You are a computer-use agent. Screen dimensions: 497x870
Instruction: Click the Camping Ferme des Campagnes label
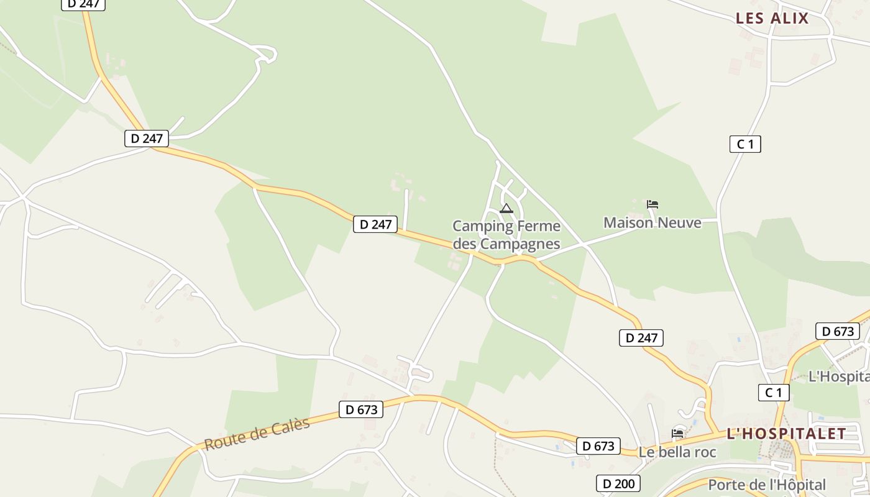[x=506, y=235]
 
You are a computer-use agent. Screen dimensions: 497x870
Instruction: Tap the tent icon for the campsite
[x=506, y=209]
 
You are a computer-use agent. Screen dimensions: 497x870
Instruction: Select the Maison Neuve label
[x=652, y=222]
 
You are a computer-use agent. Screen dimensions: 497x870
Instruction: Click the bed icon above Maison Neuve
[x=652, y=204]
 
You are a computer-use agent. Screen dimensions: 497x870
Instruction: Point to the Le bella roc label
[x=677, y=452]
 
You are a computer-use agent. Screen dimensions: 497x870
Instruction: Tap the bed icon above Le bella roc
[x=677, y=433]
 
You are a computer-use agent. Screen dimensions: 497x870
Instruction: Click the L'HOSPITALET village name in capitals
[x=786, y=434]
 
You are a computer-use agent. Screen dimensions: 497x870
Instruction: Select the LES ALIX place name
[x=772, y=19]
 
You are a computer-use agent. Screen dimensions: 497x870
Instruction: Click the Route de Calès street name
[x=257, y=435]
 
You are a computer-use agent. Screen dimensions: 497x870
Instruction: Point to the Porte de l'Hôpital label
[x=767, y=485]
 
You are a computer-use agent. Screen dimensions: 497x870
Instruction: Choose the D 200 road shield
[x=618, y=483]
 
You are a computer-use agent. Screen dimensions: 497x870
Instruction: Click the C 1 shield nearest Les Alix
[x=745, y=144]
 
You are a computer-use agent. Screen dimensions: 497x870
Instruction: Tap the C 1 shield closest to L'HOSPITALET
[x=774, y=393]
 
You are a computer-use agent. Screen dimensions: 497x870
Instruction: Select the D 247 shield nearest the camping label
[x=375, y=224]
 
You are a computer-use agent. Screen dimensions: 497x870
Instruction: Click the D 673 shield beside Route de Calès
[x=361, y=409]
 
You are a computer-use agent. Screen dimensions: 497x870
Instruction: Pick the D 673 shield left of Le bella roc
[x=598, y=446]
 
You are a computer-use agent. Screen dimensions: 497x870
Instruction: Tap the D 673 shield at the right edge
[x=838, y=331]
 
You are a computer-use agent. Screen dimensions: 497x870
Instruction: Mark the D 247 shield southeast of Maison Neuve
[x=641, y=338]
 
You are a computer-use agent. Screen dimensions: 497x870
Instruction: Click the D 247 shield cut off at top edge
[x=83, y=4]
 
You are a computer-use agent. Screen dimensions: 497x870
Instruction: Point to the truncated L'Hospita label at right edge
[x=838, y=376]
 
